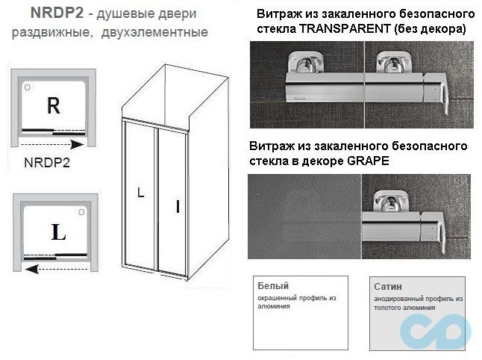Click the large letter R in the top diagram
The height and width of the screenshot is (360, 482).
pyautogui.click(x=53, y=105)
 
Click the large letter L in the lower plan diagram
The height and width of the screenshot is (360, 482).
pyautogui.click(x=59, y=232)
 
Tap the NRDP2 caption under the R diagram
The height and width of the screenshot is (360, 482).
pyautogui.click(x=47, y=164)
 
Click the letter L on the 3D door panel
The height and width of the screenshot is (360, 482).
pyautogui.click(x=141, y=193)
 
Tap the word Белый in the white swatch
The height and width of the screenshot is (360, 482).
pyautogui.click(x=272, y=286)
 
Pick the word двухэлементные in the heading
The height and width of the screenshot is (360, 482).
pyautogui.click(x=157, y=33)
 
